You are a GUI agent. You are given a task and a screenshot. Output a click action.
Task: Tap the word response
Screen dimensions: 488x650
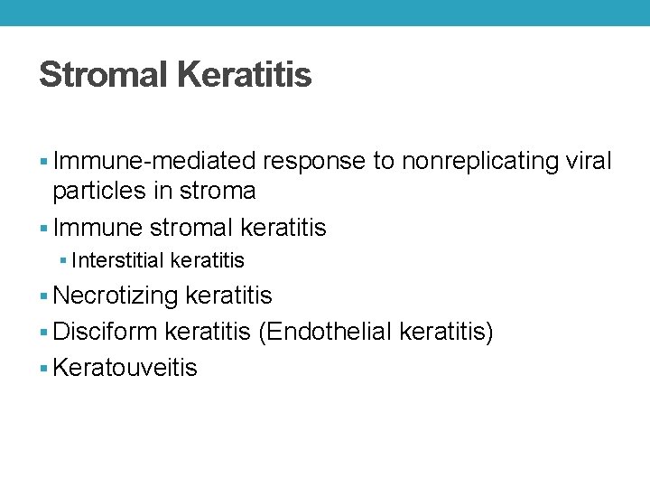[313, 162]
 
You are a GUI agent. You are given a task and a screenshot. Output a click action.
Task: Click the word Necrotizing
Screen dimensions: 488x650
[116, 296]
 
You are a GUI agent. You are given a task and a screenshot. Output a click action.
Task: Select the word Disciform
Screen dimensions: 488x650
[107, 333]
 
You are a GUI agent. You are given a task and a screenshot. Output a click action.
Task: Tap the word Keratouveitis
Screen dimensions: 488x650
[125, 369]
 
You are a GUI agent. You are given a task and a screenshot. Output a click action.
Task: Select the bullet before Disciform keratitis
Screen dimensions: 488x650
[45, 333]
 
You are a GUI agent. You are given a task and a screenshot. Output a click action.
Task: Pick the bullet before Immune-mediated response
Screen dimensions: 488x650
[45, 163]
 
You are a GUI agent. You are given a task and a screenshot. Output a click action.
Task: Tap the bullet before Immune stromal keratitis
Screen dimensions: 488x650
[45, 229]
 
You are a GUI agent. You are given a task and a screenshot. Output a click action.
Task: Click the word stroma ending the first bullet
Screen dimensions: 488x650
[218, 192]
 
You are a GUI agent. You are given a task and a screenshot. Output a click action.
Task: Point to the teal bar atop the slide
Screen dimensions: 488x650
[325, 13]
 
